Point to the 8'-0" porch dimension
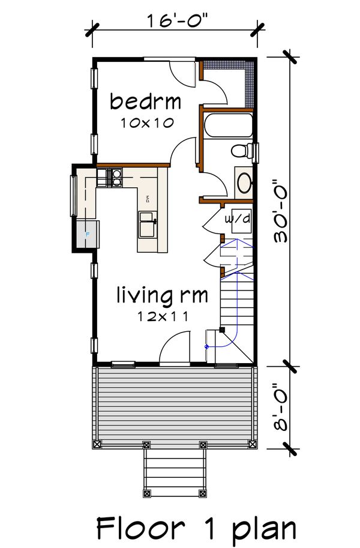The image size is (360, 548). [x=280, y=406]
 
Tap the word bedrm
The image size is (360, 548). [x=141, y=101]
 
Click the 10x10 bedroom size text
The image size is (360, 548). [x=146, y=123]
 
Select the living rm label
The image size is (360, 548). [x=162, y=295]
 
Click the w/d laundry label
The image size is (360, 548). [x=238, y=220]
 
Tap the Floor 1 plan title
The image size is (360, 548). [x=196, y=529]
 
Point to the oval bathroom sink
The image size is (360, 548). [x=243, y=183]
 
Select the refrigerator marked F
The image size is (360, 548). [x=86, y=234]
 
